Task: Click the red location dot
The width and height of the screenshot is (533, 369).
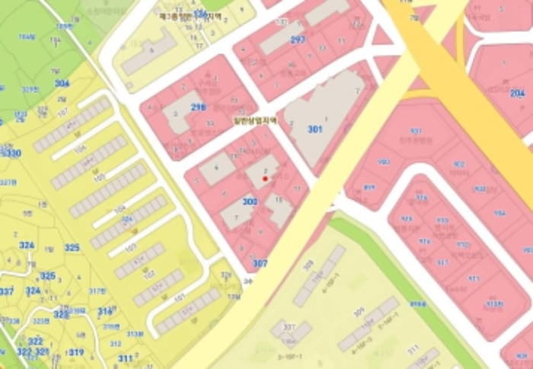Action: (x=265, y=178)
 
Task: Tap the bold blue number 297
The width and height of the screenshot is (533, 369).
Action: (x=298, y=40)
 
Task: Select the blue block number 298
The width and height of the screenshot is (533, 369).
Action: (x=198, y=107)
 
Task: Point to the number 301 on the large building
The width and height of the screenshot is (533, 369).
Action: (x=315, y=129)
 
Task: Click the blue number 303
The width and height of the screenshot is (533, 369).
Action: (x=250, y=201)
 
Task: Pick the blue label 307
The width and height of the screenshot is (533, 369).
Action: (x=260, y=263)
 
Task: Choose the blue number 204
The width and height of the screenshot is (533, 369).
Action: (x=518, y=93)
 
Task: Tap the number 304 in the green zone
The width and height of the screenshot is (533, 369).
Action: (x=62, y=83)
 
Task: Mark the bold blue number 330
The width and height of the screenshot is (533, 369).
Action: (x=13, y=153)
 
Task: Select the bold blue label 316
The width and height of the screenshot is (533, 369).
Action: (x=105, y=311)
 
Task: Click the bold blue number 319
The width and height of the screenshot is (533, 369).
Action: (x=77, y=352)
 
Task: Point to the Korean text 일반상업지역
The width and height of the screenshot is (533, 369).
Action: (x=254, y=120)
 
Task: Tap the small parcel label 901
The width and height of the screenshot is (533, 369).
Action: (x=416, y=131)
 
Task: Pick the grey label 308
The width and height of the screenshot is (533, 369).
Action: (x=308, y=265)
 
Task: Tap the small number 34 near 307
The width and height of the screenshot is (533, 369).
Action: (x=247, y=281)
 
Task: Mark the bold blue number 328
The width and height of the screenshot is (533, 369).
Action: (x=61, y=313)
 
